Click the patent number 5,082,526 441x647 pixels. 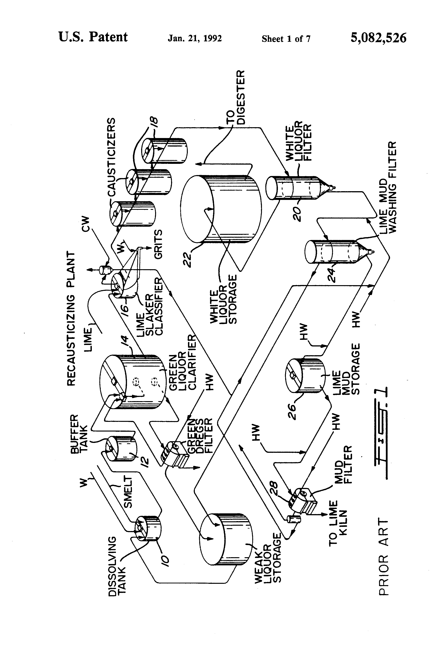click(x=378, y=38)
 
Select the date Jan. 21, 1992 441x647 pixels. click(x=195, y=38)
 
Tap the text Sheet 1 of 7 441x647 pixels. click(x=286, y=39)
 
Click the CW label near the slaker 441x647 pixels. click(x=86, y=224)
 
